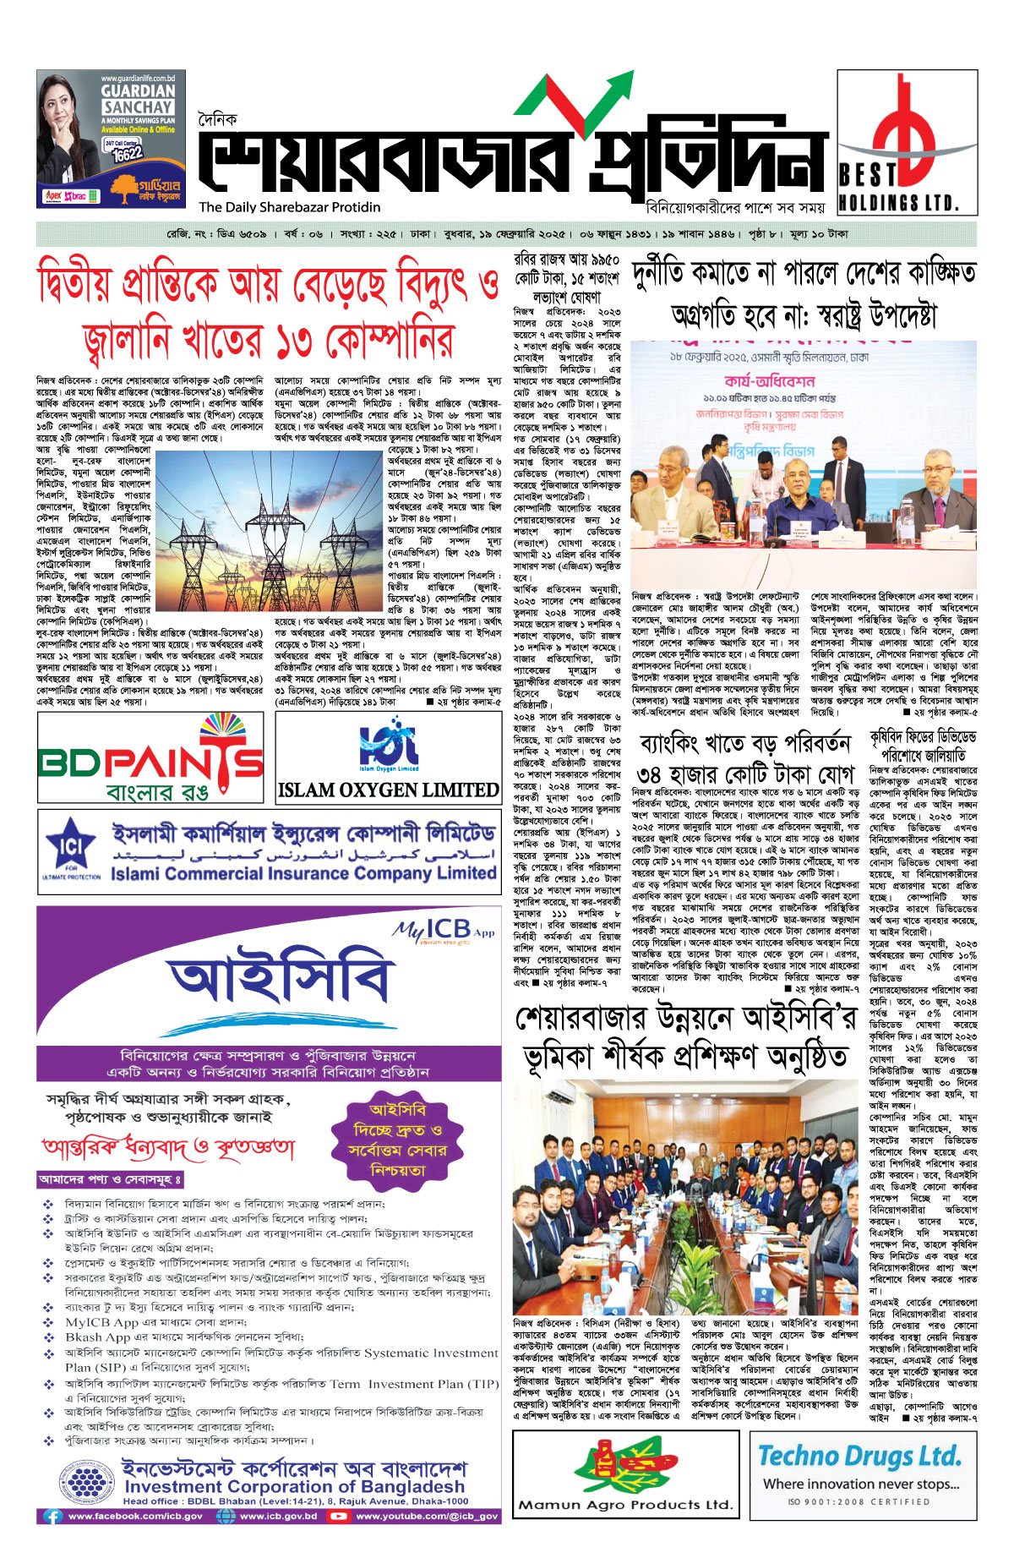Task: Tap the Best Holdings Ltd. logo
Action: pyautogui.click(x=907, y=140)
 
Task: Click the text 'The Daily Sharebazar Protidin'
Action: pyautogui.click(x=290, y=207)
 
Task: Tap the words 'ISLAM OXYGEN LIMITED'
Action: pyautogui.click(x=389, y=790)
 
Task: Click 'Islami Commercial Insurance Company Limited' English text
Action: pyautogui.click(x=303, y=873)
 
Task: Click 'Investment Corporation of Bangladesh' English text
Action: pyautogui.click(x=294, y=1485)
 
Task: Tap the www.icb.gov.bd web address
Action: pyautogui.click(x=278, y=1516)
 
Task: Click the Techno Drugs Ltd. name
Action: pyautogui.click(x=859, y=1455)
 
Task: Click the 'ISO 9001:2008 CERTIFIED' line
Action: pyautogui.click(x=859, y=1502)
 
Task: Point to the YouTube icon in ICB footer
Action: pyautogui.click(x=339, y=1516)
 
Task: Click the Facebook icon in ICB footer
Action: pyautogui.click(x=53, y=1516)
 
